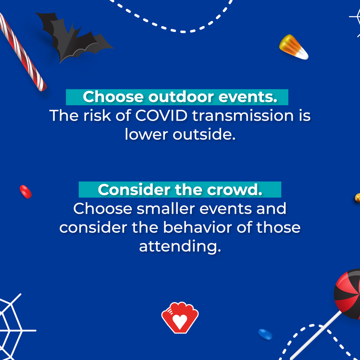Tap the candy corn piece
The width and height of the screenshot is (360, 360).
tap(293, 47)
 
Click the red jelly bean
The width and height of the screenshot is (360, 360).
tap(26, 192)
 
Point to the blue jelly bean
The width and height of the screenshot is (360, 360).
tap(265, 334)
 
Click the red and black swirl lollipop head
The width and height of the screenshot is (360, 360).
tap(348, 294)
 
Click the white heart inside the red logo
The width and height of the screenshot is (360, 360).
tap(180, 321)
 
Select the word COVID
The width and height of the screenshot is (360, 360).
tap(161, 115)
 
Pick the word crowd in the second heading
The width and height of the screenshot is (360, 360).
tap(234, 189)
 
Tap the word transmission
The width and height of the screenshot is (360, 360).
tap(243, 115)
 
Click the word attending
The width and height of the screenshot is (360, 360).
tap(180, 247)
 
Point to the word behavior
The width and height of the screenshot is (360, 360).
tap(198, 227)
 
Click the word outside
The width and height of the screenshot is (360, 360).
tap(204, 134)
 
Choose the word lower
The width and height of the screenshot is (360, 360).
tap(146, 134)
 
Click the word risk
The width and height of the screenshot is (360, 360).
tap(97, 115)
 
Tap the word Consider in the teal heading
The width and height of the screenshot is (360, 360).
tap(134, 189)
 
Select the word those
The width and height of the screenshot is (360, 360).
tap(278, 227)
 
